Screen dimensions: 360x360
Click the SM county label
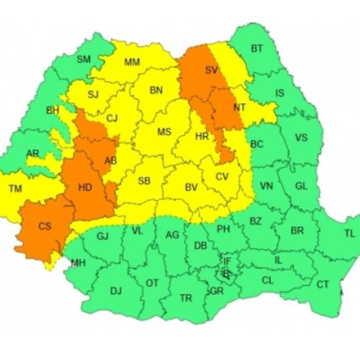pyautogui.click(x=84, y=59)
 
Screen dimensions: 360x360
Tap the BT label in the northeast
pyautogui.click(x=257, y=49)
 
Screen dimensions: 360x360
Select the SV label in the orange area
pyautogui.click(x=211, y=71)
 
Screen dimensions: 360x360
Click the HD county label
pyautogui.click(x=85, y=188)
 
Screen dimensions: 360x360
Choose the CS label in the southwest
pyautogui.click(x=45, y=226)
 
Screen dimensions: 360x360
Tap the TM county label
pyautogui.click(x=14, y=189)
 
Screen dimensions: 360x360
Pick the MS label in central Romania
pyautogui.click(x=164, y=132)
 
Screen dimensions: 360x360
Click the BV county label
pyautogui.click(x=191, y=187)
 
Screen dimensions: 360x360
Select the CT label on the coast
pyautogui.click(x=323, y=284)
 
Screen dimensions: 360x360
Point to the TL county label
pyautogui.click(x=349, y=233)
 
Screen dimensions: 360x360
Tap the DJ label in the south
pyautogui.click(x=116, y=291)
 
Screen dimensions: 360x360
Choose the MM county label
pyautogui.click(x=132, y=63)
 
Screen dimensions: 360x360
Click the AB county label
pyautogui.click(x=111, y=161)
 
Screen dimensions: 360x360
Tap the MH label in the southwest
pyautogui.click(x=78, y=263)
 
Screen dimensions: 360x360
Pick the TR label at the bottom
pyautogui.click(x=186, y=297)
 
